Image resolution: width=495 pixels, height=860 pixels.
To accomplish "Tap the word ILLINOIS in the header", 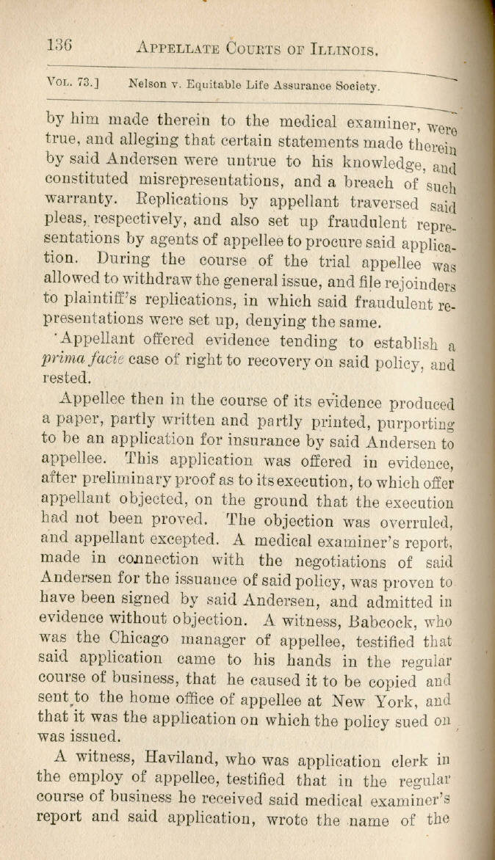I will (x=336, y=50).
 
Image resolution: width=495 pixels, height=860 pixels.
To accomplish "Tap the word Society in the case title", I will (x=355, y=86).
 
